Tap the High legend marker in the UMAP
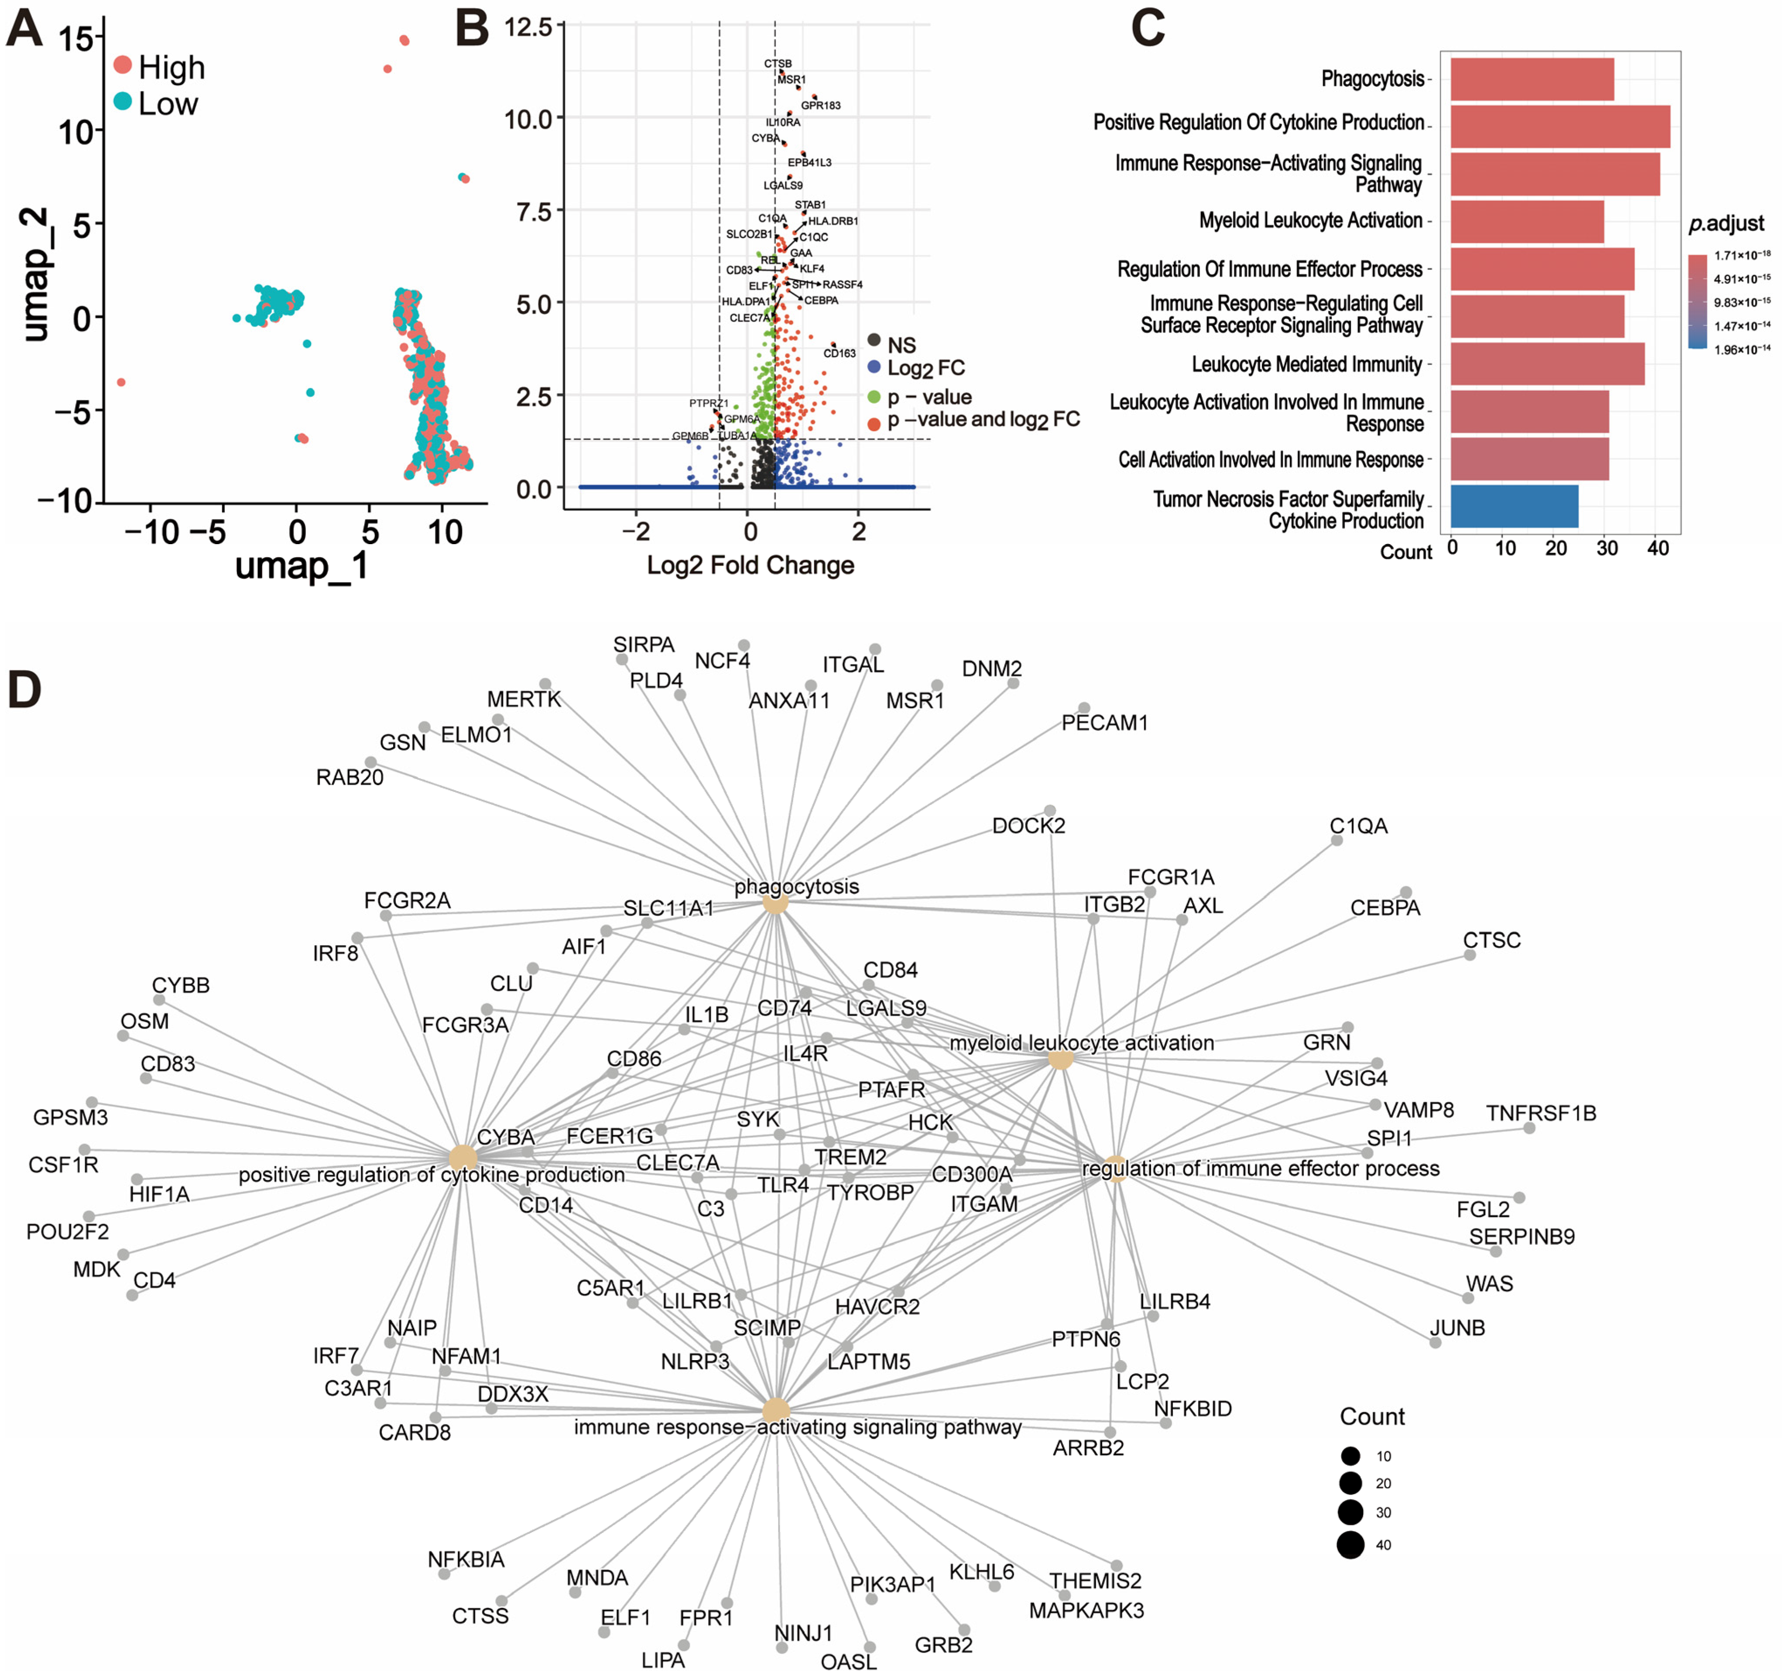pos(123,65)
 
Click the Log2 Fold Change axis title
pos(750,566)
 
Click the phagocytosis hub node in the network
pos(775,903)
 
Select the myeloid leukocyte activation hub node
pos(1060,1059)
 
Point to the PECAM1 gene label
pos(1104,723)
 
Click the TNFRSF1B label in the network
pos(1541,1114)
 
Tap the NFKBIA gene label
pos(466,1560)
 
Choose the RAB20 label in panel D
pos(350,777)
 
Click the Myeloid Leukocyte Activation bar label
pos(1310,220)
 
